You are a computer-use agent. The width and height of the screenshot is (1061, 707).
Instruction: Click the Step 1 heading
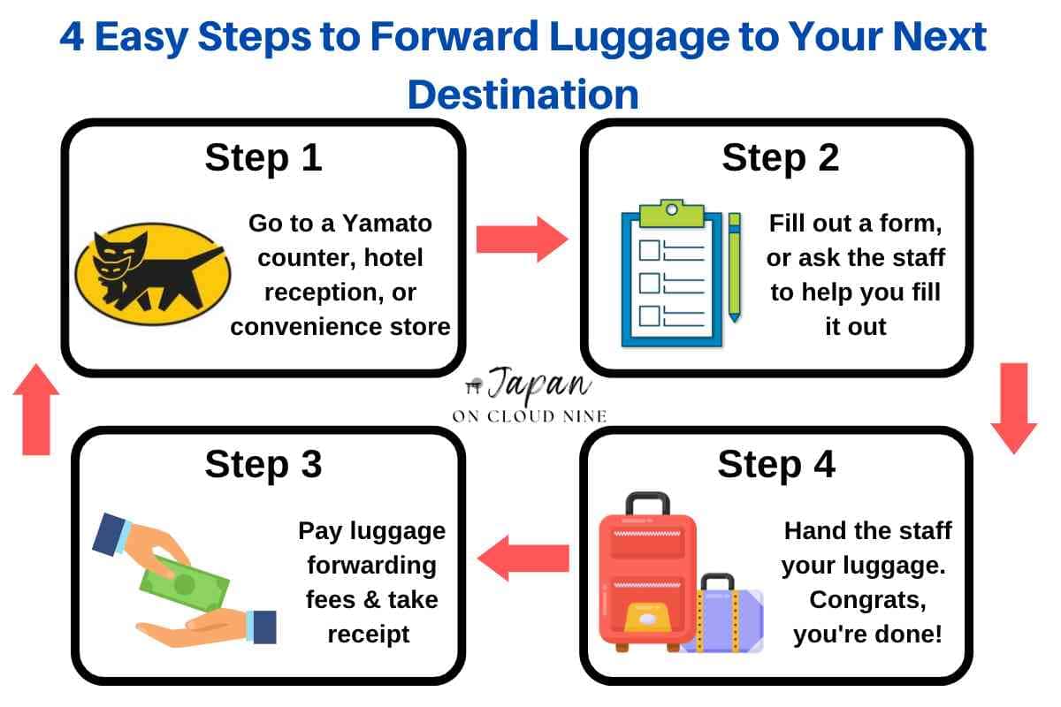coord(263,158)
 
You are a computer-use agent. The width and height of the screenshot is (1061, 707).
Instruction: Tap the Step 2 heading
coord(780,158)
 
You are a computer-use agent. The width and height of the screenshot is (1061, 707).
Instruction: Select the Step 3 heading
coord(263,465)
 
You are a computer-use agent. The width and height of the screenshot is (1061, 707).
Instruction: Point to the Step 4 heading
coord(775,465)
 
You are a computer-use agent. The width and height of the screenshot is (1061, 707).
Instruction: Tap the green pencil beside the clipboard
coord(734,266)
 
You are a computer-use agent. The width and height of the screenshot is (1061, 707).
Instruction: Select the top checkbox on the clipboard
coord(650,250)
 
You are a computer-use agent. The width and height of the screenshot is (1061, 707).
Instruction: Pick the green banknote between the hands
coord(186,582)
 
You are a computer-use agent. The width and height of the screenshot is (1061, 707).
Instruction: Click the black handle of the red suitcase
coord(647,503)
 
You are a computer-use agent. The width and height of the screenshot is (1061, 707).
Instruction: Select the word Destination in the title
coord(523,93)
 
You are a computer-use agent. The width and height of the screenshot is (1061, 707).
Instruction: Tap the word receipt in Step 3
coord(369,634)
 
